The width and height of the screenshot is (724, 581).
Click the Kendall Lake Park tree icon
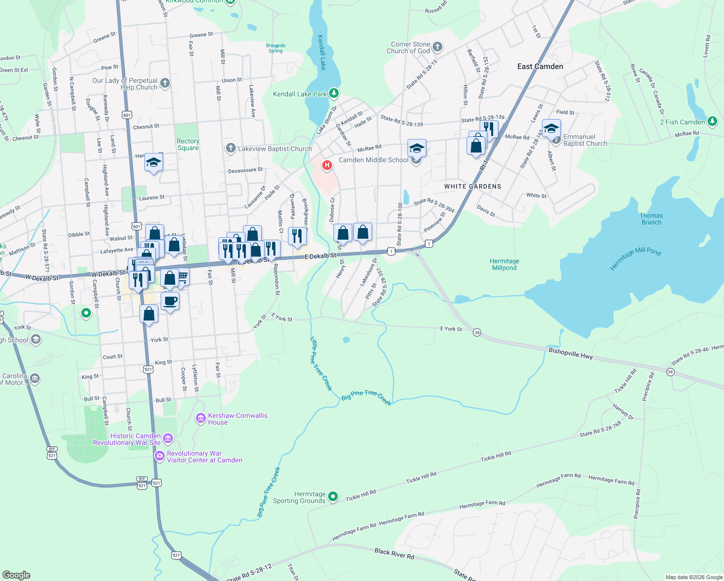point(333,93)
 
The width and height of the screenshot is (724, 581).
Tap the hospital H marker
point(327,166)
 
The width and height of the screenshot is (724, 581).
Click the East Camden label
point(540,66)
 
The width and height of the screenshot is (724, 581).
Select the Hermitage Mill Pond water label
point(635,259)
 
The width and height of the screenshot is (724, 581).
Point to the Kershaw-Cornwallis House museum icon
point(201,418)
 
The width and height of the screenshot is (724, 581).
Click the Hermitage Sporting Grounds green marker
point(333,497)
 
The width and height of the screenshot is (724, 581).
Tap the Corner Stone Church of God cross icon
point(437,47)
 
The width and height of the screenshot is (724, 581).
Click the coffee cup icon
point(170,301)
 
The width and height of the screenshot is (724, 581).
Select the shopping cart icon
point(182,277)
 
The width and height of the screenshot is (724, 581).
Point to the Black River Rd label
point(394,553)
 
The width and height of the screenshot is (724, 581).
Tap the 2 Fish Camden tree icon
point(712,122)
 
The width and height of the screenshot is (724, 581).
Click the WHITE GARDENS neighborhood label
point(473,186)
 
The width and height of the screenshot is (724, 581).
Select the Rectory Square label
point(188,144)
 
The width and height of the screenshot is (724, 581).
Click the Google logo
point(16,575)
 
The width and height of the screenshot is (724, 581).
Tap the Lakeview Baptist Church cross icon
point(231,148)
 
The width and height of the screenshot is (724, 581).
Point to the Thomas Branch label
point(651,219)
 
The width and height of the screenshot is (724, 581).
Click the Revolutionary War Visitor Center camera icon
point(159,456)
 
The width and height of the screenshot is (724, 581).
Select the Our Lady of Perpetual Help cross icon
point(165,83)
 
